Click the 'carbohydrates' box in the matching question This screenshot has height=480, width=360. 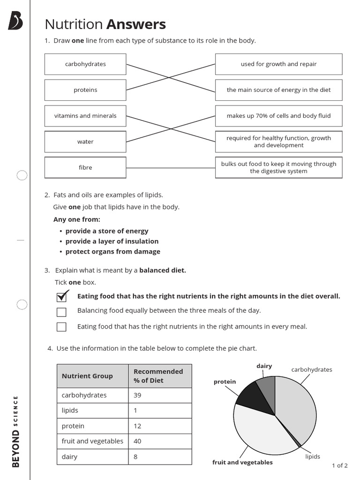click(x=85, y=64)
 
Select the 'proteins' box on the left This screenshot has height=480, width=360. click(x=85, y=90)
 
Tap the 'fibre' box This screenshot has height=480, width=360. click(x=85, y=167)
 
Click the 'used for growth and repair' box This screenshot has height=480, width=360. click(x=278, y=64)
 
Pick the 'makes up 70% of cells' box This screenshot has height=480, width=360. click(x=278, y=116)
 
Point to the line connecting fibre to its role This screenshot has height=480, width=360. click(x=171, y=168)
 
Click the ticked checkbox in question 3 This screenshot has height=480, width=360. click(x=61, y=297)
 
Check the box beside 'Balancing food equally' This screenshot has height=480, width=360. click(x=61, y=312)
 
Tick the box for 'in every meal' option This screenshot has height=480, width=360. click(x=61, y=327)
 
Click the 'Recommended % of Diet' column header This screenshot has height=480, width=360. click(x=159, y=376)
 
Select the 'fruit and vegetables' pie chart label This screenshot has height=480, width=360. click(x=242, y=462)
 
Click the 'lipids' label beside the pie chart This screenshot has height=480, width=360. click(x=313, y=456)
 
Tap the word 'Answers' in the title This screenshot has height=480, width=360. click(x=136, y=24)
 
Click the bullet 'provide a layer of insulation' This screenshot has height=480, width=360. click(x=112, y=241)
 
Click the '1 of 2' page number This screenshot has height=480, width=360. click(x=339, y=465)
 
